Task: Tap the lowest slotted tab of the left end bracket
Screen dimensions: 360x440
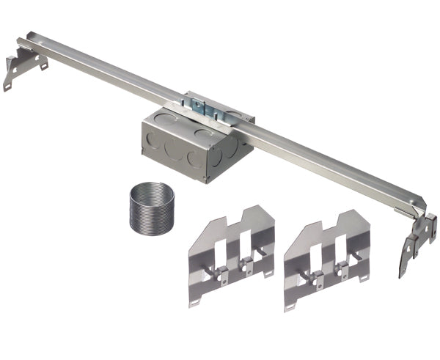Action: click(8, 87)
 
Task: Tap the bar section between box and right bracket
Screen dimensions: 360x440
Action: click(330, 161)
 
